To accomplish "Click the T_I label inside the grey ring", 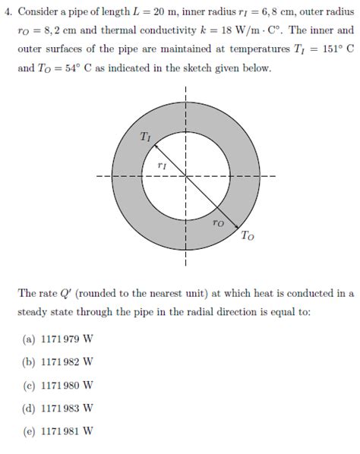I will (146, 137).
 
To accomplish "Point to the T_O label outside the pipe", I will (248, 236).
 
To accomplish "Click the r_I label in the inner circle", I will (162, 164).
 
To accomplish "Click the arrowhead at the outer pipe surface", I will (239, 228).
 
